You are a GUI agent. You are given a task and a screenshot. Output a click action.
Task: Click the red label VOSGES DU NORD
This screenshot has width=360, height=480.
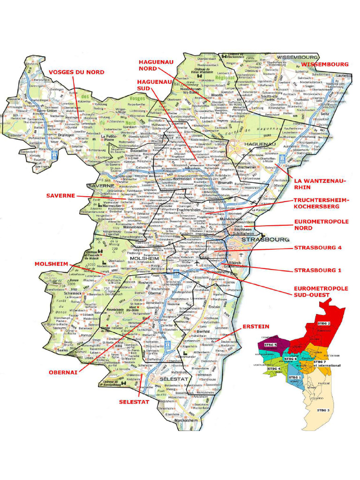[76, 72]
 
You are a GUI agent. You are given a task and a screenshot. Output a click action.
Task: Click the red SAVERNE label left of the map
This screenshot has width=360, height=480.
[61, 195]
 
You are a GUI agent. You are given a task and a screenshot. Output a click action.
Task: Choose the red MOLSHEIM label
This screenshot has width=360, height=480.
[51, 264]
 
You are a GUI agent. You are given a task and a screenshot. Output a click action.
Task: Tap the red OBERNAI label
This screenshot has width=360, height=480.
[63, 372]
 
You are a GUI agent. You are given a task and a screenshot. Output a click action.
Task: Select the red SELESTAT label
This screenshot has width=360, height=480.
[134, 402]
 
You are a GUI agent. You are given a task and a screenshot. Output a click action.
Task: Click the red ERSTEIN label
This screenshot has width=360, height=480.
[255, 326]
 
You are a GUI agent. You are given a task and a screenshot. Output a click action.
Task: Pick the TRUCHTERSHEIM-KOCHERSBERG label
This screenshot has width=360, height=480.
[321, 203]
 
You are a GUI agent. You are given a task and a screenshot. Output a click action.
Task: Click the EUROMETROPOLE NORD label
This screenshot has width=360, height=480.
[321, 225]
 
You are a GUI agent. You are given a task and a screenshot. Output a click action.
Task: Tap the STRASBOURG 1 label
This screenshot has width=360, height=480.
[317, 270]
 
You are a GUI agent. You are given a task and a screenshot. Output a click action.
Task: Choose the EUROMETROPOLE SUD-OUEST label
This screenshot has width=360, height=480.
[321, 292]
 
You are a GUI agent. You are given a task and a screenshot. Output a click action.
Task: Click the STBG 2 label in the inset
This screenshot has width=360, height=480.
[323, 323]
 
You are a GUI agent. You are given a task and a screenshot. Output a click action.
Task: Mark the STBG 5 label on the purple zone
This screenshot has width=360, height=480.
[270, 345]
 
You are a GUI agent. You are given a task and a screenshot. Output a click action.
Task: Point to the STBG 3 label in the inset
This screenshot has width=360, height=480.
[323, 410]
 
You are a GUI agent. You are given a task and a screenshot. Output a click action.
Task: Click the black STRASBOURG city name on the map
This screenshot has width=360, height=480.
[265, 239]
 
